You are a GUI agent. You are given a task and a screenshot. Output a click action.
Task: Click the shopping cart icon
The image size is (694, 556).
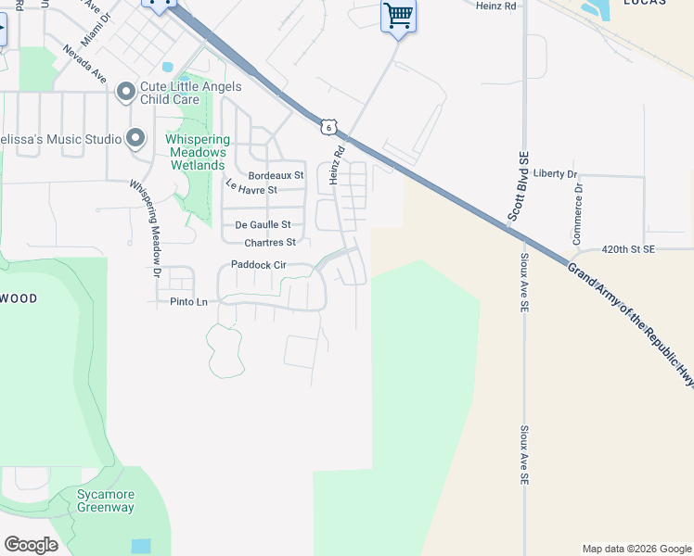[398, 16]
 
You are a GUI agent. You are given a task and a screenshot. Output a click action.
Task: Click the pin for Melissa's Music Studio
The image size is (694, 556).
[136, 139]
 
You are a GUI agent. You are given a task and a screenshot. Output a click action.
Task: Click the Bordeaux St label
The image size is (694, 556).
[276, 175]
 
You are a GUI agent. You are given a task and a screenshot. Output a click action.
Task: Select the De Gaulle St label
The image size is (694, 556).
[263, 224]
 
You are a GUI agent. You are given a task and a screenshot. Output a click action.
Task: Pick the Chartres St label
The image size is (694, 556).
[269, 243]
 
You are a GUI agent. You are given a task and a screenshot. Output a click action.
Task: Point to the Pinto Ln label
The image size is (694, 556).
[188, 302]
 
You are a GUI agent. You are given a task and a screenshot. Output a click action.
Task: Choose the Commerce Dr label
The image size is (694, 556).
[578, 213]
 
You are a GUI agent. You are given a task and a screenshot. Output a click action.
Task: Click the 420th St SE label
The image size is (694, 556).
[628, 249]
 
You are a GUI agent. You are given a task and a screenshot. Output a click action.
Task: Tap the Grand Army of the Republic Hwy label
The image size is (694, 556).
[630, 320]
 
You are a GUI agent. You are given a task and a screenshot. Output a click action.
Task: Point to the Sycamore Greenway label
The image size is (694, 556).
[105, 500]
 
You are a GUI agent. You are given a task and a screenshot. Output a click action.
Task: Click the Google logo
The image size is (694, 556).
[31, 545]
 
